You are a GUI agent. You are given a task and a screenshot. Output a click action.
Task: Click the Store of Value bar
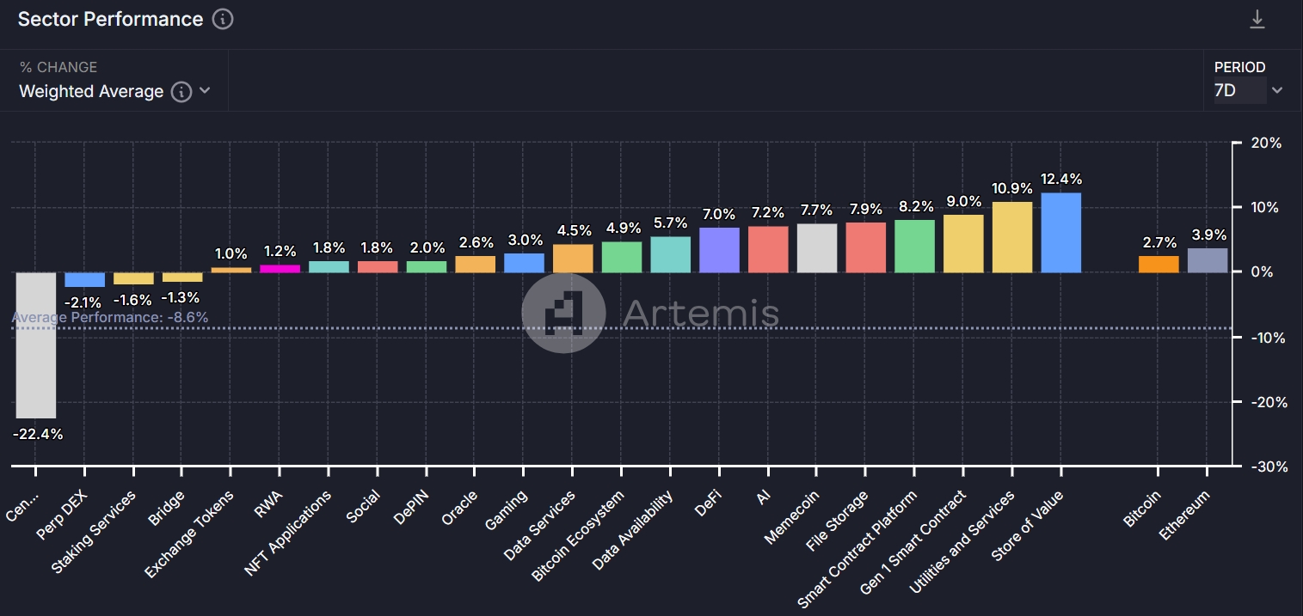click(1060, 233)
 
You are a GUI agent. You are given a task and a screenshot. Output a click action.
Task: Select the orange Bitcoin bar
click(1159, 265)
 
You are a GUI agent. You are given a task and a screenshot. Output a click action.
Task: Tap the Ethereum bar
click(1208, 260)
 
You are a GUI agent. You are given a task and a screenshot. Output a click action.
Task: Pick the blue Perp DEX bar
click(84, 279)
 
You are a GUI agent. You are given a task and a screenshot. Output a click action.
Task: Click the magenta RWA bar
click(280, 268)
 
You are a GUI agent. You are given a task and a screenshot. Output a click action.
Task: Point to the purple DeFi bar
click(719, 250)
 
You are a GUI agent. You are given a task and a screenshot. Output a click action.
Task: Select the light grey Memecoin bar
click(816, 248)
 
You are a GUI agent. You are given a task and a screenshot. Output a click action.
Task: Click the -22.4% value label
click(38, 434)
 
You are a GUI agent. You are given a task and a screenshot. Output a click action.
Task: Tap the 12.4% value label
click(1060, 180)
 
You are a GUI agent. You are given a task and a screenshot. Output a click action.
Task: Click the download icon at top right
click(1257, 20)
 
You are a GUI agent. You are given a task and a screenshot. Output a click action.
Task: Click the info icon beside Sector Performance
click(223, 19)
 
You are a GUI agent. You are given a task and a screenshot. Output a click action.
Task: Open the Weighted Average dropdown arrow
click(205, 91)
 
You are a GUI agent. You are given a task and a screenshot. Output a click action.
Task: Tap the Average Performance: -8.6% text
click(110, 318)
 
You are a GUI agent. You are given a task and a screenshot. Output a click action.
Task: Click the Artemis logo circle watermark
click(563, 314)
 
